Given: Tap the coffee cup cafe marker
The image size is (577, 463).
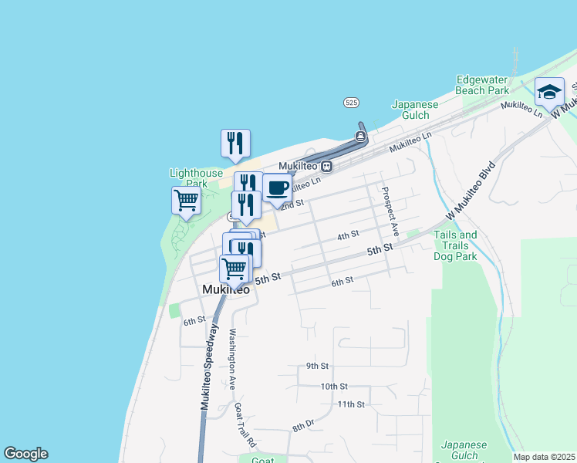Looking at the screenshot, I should click(x=278, y=188).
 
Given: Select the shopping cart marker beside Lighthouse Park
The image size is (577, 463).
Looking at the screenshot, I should click(x=186, y=201).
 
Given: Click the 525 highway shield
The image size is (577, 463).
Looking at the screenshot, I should click(x=351, y=103).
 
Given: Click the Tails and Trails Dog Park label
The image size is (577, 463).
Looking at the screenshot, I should click(x=455, y=245).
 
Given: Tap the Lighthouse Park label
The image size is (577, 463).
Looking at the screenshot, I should click(x=189, y=178).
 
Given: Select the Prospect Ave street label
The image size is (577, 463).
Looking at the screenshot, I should click(x=390, y=209).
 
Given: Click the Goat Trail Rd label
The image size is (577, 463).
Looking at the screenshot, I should click(x=245, y=425).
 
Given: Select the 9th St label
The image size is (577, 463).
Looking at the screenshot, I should click(x=317, y=366).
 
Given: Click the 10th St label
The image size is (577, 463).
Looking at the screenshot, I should click(x=335, y=386).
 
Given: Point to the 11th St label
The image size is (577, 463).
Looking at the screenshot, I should click(x=350, y=404).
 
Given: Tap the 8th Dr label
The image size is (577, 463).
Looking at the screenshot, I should click(x=303, y=424).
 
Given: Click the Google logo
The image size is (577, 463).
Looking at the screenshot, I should click(x=25, y=454).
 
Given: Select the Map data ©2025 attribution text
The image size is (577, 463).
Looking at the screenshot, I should click(x=544, y=457).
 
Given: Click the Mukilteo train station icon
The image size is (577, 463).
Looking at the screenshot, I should click(x=327, y=165).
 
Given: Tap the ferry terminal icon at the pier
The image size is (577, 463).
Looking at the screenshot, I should click(x=360, y=137).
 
